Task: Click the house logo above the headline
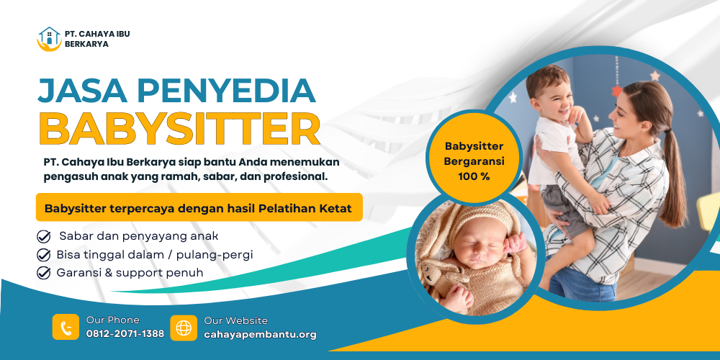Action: click(x=49, y=39)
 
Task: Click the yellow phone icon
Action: click(x=66, y=327)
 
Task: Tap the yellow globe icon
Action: click(x=184, y=328)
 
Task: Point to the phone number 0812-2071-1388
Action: click(x=125, y=334)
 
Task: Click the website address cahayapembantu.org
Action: click(x=261, y=335)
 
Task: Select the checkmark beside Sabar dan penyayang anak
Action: click(x=43, y=237)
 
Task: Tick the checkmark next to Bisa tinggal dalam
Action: click(x=43, y=255)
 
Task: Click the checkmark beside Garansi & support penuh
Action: click(x=43, y=273)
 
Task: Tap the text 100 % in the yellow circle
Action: click(x=474, y=176)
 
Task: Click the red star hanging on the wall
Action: click(x=617, y=90)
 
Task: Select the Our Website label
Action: click(x=235, y=320)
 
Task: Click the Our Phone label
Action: click(x=113, y=320)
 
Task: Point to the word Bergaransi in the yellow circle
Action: click(x=474, y=161)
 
